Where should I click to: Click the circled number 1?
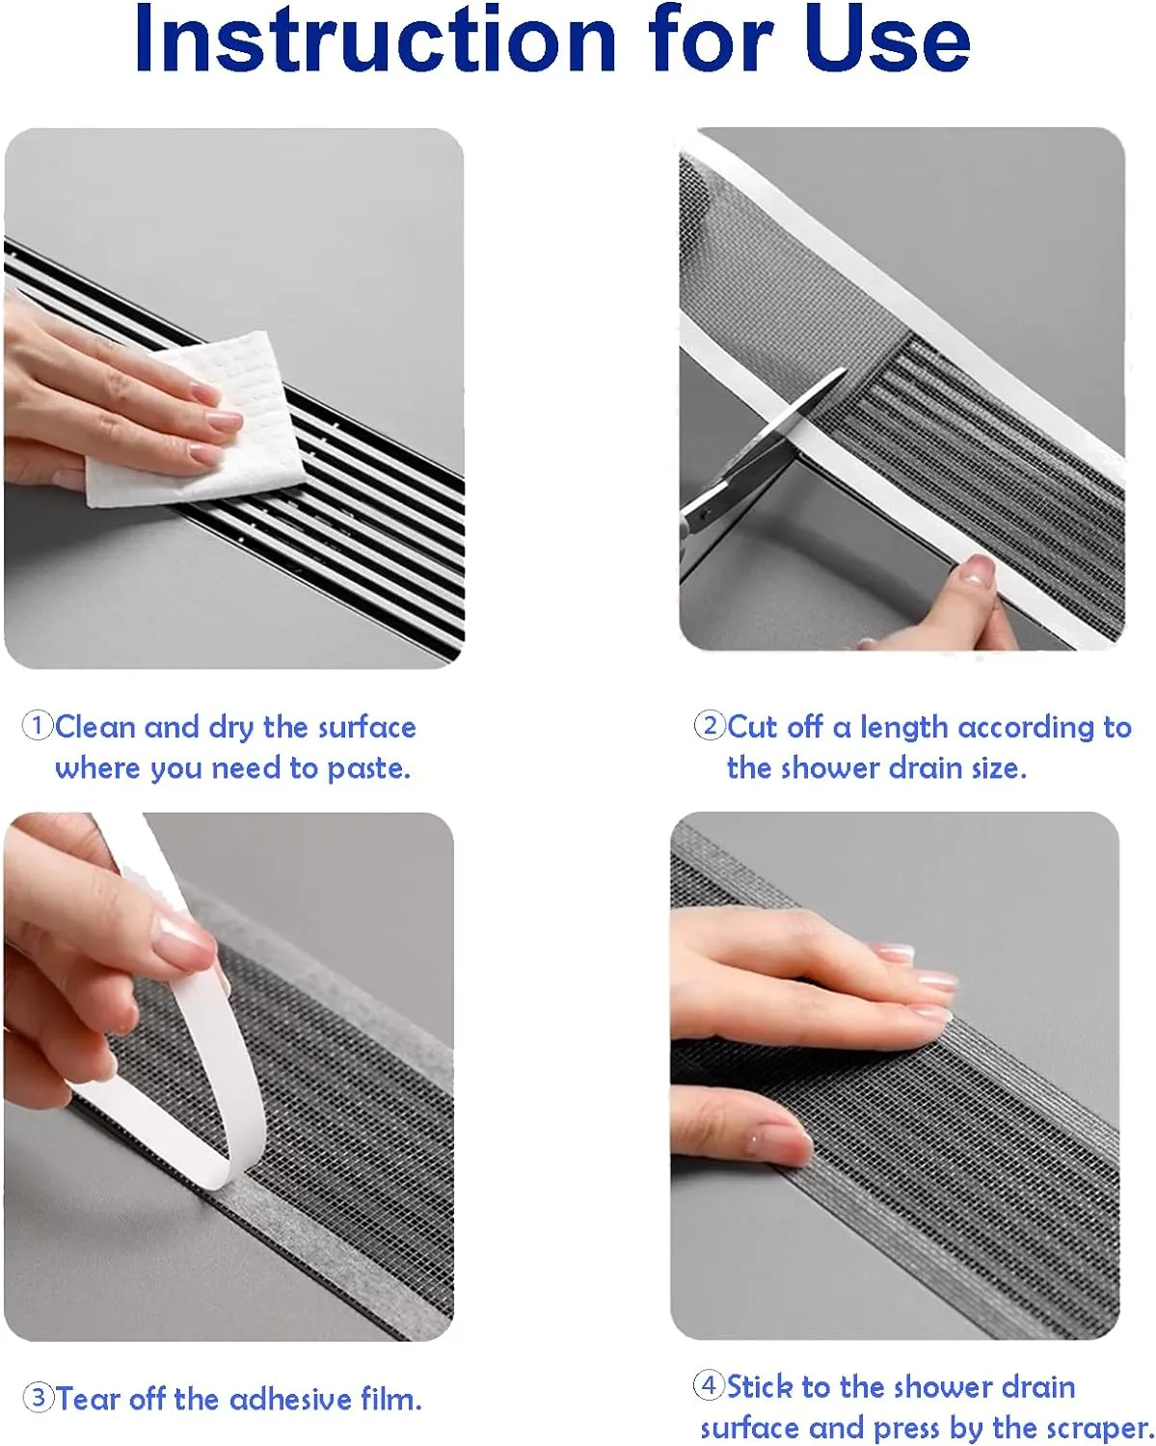[38, 726]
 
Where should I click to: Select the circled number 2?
[710, 725]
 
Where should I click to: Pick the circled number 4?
[710, 1386]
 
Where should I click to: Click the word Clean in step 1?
[96, 727]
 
